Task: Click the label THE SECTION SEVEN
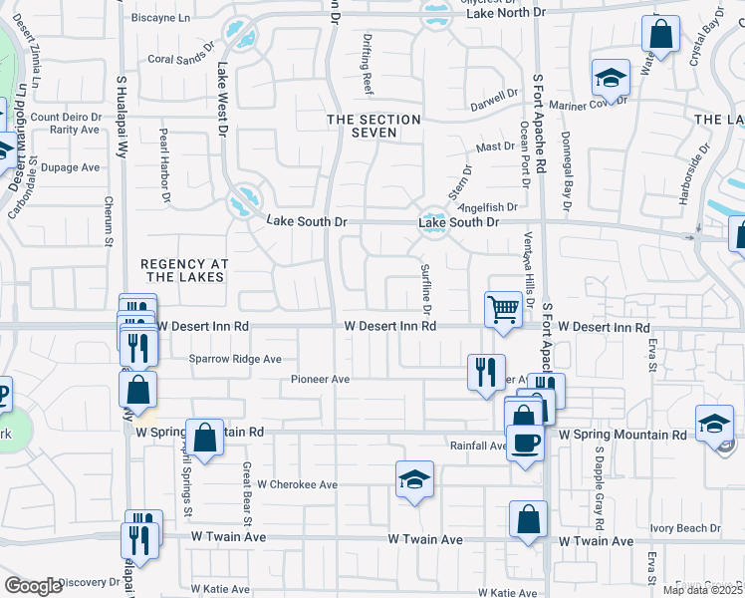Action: click(374, 126)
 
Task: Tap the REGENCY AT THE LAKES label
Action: click(185, 270)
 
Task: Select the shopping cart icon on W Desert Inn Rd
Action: click(504, 309)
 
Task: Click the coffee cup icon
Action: click(525, 442)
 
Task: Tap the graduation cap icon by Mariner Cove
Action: click(611, 78)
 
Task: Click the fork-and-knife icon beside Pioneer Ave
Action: click(486, 373)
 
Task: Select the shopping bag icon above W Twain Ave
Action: click(528, 519)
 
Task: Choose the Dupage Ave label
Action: click(70, 167)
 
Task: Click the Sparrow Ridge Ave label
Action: click(236, 359)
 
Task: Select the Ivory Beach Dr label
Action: click(685, 528)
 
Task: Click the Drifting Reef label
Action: click(368, 75)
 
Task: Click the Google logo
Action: click(33, 586)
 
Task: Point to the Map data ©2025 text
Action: click(701, 590)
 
